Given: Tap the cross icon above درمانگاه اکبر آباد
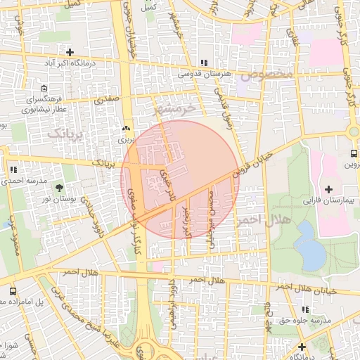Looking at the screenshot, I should (70, 52).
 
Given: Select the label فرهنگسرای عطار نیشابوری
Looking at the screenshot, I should (44, 105).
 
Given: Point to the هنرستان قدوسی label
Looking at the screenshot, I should (204, 73).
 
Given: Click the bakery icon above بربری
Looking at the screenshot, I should (126, 129).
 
